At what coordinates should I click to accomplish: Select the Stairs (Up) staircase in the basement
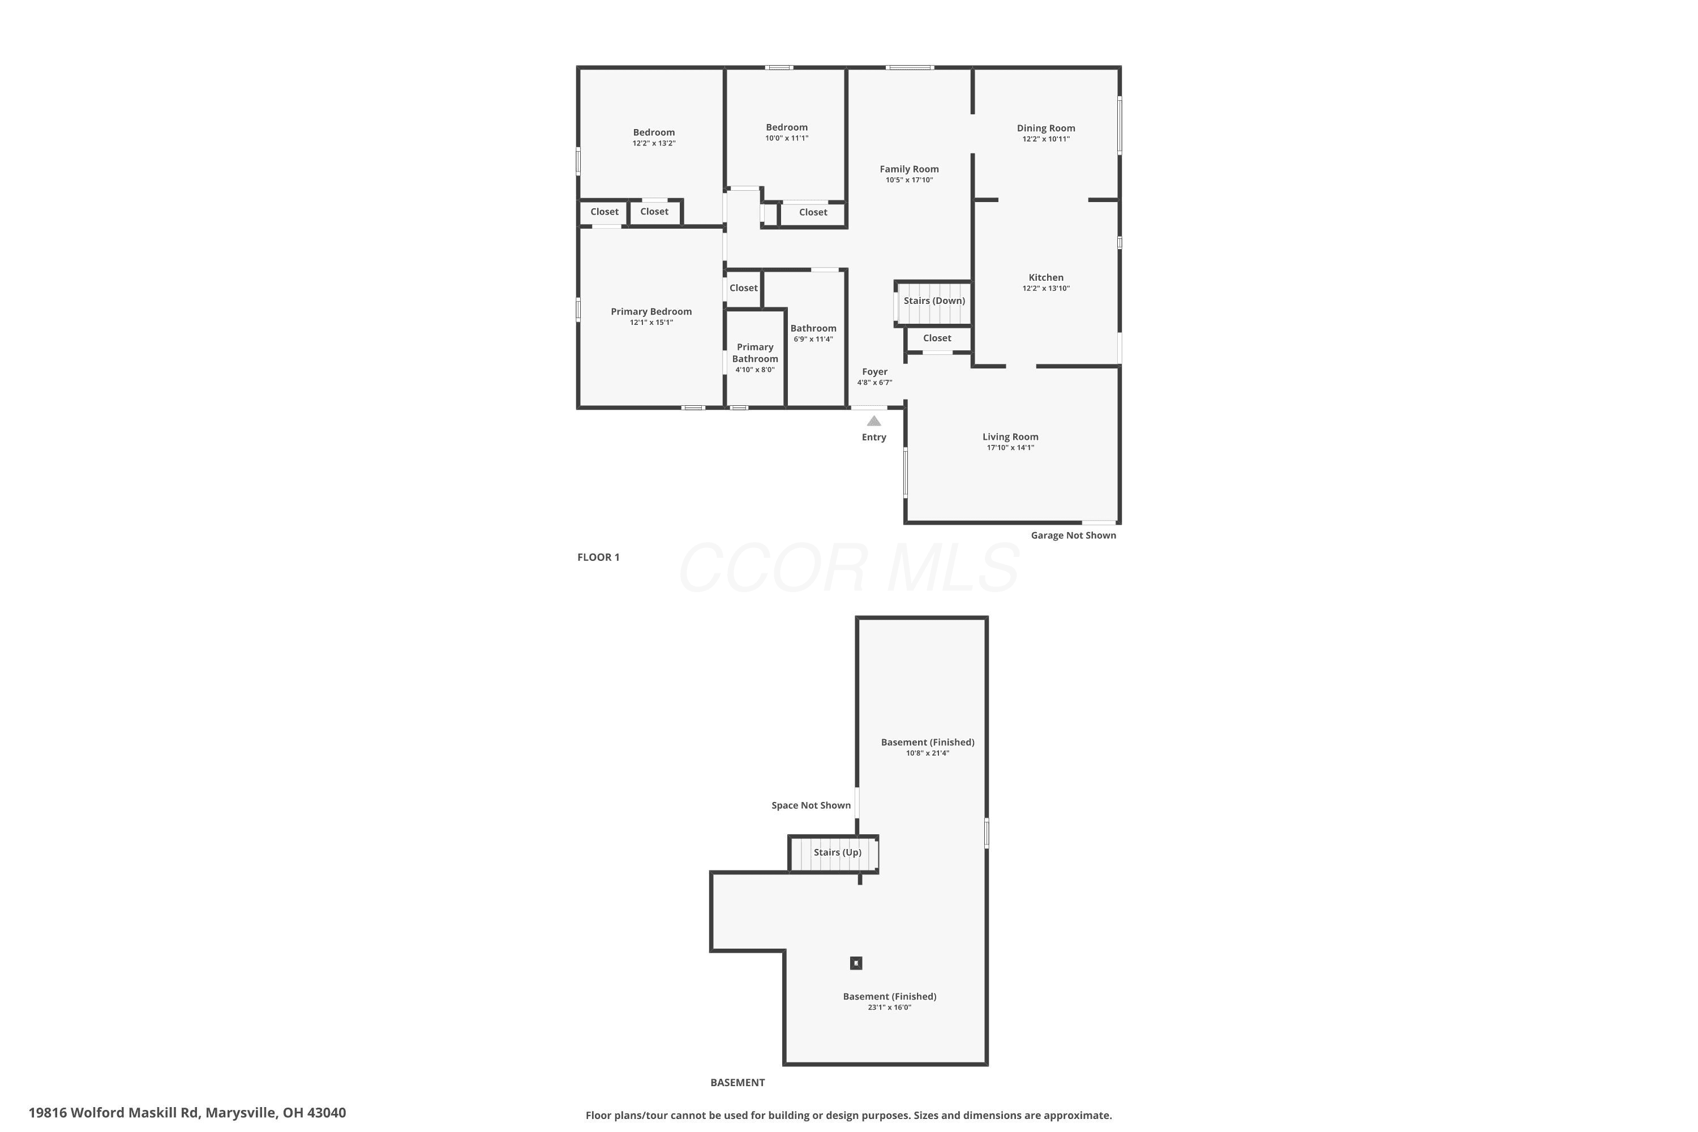pyautogui.click(x=834, y=854)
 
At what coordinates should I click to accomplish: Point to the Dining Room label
pyautogui.click(x=1045, y=128)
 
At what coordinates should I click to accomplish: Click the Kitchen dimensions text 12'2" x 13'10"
pyautogui.click(x=1045, y=288)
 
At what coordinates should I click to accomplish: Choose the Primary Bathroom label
pyautogui.click(x=755, y=353)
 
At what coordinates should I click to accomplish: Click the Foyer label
pyautogui.click(x=874, y=372)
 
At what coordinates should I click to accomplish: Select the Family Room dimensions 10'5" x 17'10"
pyautogui.click(x=909, y=180)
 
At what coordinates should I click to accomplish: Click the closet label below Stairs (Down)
pyautogui.click(x=937, y=338)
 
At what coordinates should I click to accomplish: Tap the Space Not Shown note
pyautogui.click(x=811, y=805)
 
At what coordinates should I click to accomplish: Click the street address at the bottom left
pyautogui.click(x=187, y=1113)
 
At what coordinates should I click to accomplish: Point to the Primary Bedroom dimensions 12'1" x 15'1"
pyautogui.click(x=651, y=322)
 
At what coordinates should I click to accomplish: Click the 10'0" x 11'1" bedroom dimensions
pyautogui.click(x=787, y=138)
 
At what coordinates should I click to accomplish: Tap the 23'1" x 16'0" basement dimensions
pyautogui.click(x=889, y=1007)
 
